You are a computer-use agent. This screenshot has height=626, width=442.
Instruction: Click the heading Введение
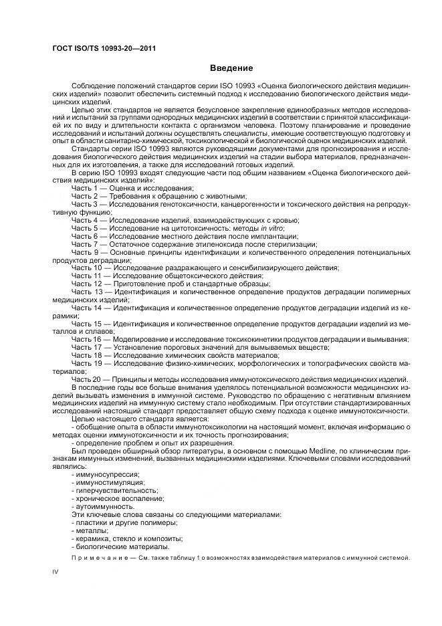pyautogui.click(x=231, y=68)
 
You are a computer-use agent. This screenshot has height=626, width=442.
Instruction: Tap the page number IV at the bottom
pyautogui.click(x=56, y=572)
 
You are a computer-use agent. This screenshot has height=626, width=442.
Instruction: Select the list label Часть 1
pyautogui.click(x=85, y=189)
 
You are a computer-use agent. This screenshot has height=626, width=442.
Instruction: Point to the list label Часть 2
pyautogui.click(x=85, y=197)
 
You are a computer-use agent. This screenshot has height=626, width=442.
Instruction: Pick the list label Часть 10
pyautogui.click(x=87, y=268)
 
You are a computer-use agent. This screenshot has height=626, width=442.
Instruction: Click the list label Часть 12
pyautogui.click(x=87, y=284)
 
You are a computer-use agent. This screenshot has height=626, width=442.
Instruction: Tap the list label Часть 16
pyautogui.click(x=87, y=339)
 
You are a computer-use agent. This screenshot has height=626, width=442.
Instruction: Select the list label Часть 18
pyautogui.click(x=87, y=355)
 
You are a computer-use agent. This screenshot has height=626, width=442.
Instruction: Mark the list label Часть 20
pyautogui.click(x=87, y=379)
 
